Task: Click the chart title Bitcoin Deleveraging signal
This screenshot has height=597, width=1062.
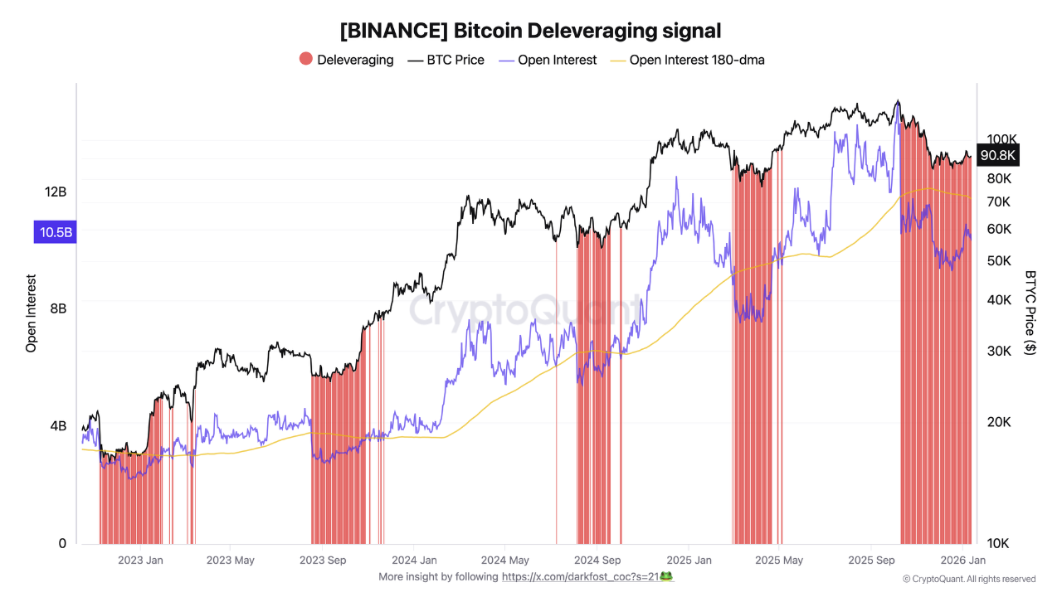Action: (530, 31)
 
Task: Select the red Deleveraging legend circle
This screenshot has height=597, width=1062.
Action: (306, 60)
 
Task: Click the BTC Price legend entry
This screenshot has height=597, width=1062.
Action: (446, 60)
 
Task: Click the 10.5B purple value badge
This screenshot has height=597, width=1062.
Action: (55, 232)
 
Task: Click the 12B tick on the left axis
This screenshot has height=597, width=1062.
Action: (56, 192)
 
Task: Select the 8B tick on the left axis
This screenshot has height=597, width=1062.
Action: (58, 308)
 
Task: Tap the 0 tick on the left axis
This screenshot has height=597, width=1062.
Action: (62, 543)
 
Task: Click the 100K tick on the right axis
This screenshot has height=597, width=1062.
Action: (1001, 139)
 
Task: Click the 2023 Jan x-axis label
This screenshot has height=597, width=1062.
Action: (140, 561)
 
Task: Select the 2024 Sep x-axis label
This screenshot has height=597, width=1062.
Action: (597, 561)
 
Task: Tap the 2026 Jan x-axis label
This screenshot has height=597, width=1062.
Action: (962, 561)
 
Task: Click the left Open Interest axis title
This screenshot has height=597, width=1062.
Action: (32, 313)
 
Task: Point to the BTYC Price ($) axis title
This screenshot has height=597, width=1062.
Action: (1030, 313)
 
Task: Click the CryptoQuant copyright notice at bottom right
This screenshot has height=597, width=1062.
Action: (968, 579)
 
